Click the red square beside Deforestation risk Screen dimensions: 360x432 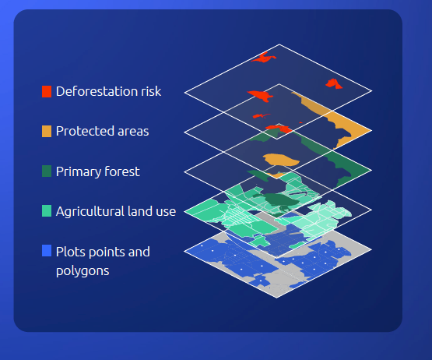click(x=46, y=92)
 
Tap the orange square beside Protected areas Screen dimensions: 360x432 click(x=46, y=131)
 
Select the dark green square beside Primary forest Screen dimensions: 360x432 click(x=46, y=171)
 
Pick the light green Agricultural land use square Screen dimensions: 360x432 click(x=46, y=211)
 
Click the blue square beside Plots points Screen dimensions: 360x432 click(x=46, y=251)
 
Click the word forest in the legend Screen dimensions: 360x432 click(x=121, y=171)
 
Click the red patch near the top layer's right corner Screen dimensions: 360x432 click(x=333, y=83)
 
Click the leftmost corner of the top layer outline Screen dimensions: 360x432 click(x=185, y=92)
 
